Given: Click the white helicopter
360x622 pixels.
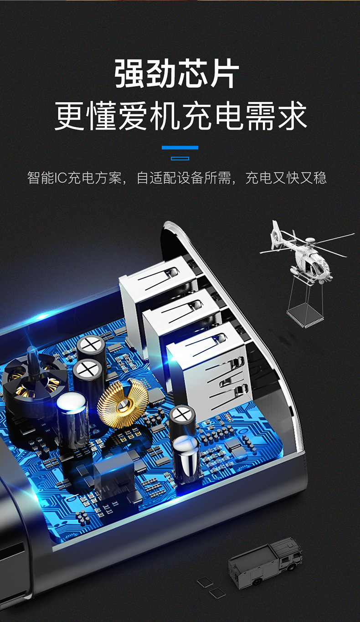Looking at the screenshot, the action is pyautogui.click(x=306, y=256).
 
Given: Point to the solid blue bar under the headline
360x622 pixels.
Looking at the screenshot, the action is pyautogui.click(x=180, y=148).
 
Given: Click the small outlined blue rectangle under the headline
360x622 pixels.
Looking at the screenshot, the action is pyautogui.click(x=180, y=159).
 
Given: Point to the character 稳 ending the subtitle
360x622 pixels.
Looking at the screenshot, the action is pyautogui.click(x=320, y=178).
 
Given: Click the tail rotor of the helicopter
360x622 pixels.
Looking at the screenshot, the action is pyautogui.click(x=275, y=233).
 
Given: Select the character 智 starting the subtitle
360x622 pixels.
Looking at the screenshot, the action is pyautogui.click(x=34, y=178).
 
